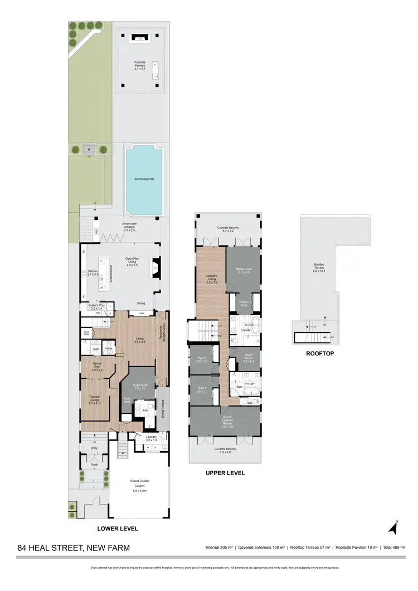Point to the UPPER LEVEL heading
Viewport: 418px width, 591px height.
pyautogui.click(x=225, y=473)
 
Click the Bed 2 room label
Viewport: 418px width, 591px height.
pyautogui.click(x=202, y=360)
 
